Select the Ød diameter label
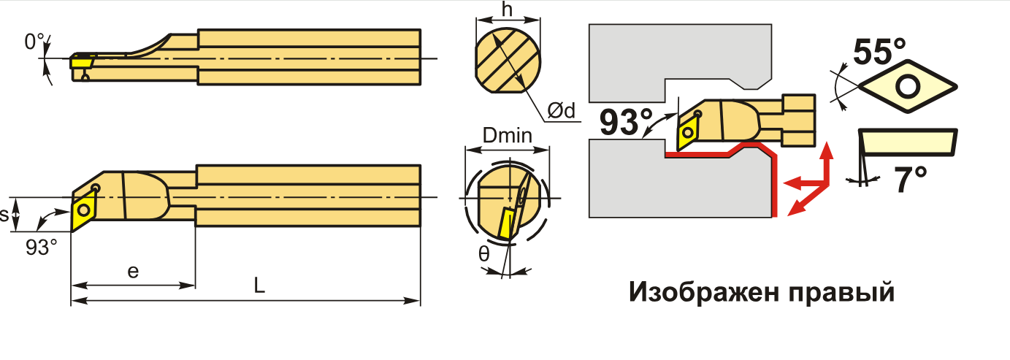(561, 110)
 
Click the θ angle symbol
(485, 255)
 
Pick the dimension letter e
(132, 272)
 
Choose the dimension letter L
(259, 286)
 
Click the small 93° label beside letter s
(41, 247)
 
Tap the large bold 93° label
(627, 123)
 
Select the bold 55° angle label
(879, 52)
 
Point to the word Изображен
(698, 293)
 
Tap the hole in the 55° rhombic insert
(908, 87)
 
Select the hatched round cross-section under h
(508, 61)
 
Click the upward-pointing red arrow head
(827, 152)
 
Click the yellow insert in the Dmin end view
(504, 223)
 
